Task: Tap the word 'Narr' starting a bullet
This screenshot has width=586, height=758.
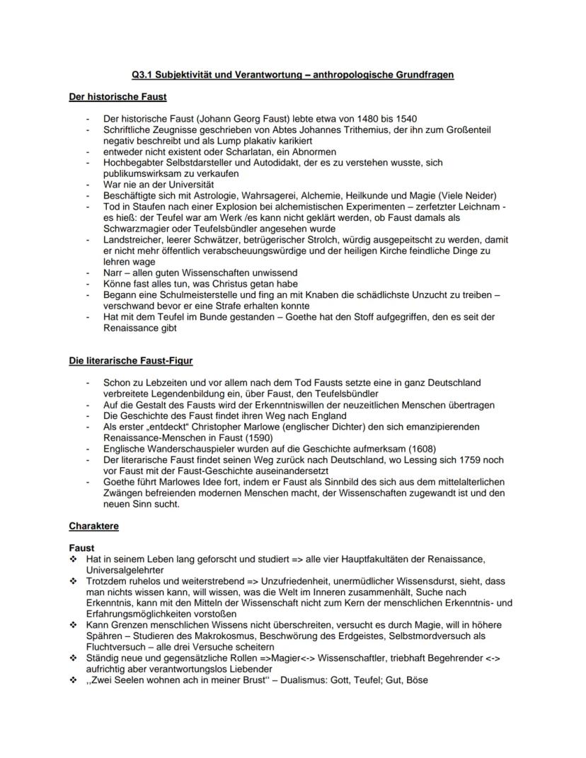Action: pos(113,272)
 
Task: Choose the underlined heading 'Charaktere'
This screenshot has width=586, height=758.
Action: pos(94,526)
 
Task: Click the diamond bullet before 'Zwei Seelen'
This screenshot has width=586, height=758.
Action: pos(73,680)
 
